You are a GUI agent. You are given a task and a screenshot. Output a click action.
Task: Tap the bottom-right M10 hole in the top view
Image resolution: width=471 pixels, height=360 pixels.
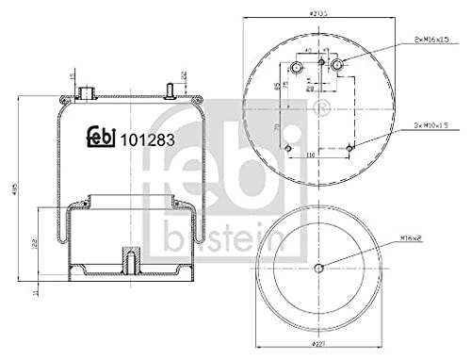pos(350,147)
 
